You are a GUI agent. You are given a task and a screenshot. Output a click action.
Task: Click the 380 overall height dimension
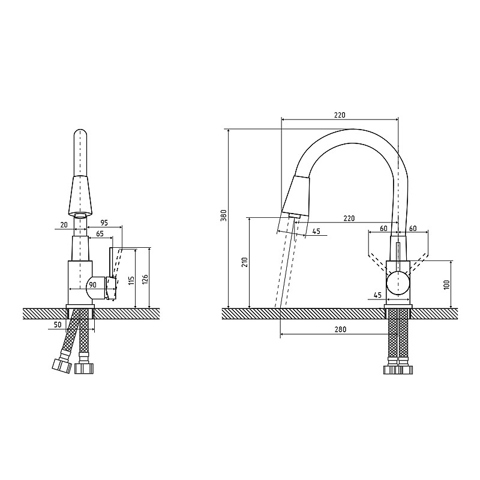click(223, 215)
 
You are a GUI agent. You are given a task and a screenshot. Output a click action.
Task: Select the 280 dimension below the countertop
click(340, 329)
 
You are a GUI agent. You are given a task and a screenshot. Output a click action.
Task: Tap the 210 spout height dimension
click(245, 262)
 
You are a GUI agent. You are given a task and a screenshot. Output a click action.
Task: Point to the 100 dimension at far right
click(446, 284)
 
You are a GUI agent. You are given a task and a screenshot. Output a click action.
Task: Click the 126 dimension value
click(145, 280)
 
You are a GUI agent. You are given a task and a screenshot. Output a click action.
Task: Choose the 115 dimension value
click(131, 281)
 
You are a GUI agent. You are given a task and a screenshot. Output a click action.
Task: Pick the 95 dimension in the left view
click(104, 223)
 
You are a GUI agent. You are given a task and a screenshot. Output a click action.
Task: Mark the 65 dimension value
click(100, 234)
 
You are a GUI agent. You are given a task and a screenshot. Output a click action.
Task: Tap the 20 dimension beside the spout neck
click(64, 225)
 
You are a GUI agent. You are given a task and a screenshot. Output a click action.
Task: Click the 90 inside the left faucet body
click(92, 285)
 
